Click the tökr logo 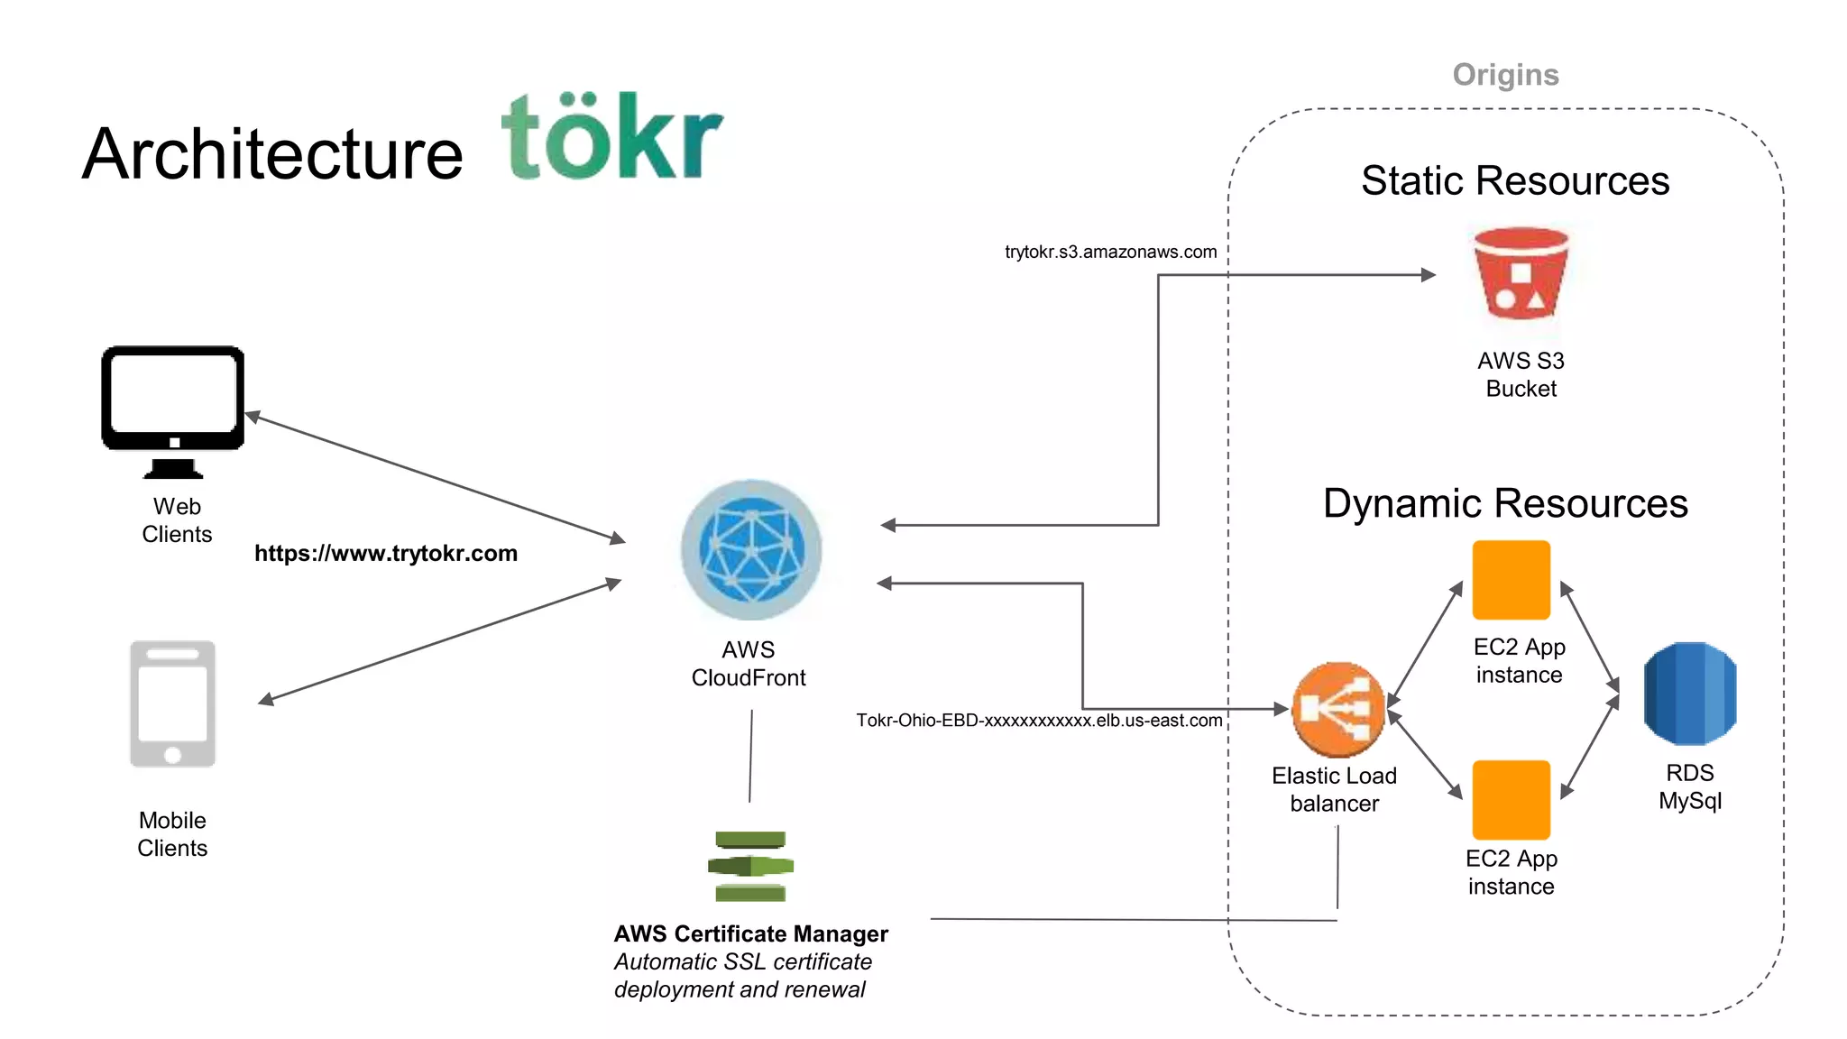pos(611,137)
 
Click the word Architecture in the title pos(272,154)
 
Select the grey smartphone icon pos(172,703)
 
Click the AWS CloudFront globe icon pos(751,550)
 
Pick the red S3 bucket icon pos(1521,274)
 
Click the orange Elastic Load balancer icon pos(1337,710)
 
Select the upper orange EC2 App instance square pos(1511,580)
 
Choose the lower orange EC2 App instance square pos(1511,800)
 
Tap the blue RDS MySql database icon pos(1689,694)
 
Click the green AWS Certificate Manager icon pos(750,866)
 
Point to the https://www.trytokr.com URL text pos(386,553)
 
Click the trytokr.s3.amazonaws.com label pos(1110,252)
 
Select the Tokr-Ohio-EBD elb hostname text pos(1039,721)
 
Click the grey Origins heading pos(1505,75)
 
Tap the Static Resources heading pos(1515,180)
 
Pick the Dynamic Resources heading pos(1505,503)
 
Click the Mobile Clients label pos(172,834)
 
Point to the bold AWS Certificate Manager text pos(750,933)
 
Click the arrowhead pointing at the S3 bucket pos(1428,275)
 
